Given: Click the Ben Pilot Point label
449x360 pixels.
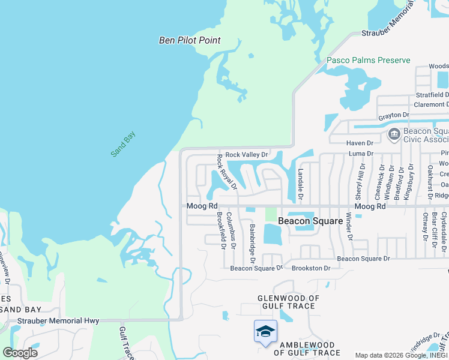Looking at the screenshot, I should (190, 41).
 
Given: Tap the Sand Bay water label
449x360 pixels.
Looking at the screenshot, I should (124, 144).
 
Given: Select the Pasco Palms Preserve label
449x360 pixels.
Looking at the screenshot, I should (369, 61).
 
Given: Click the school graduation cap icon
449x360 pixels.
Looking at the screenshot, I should (265, 332).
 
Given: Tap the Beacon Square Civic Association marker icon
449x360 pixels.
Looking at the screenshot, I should (395, 134).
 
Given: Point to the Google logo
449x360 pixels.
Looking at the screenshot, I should (20, 353).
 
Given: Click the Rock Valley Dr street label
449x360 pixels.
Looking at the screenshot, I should (246, 155).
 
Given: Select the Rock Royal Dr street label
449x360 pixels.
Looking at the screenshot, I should (227, 172).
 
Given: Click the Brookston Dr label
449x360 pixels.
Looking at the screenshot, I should (311, 268).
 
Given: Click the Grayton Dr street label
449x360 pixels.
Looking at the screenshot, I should (393, 115).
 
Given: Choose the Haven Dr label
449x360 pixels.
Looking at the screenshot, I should (360, 143).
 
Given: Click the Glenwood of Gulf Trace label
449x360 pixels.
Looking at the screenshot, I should (288, 302).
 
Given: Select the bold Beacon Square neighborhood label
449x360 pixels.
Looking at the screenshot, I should (310, 221).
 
